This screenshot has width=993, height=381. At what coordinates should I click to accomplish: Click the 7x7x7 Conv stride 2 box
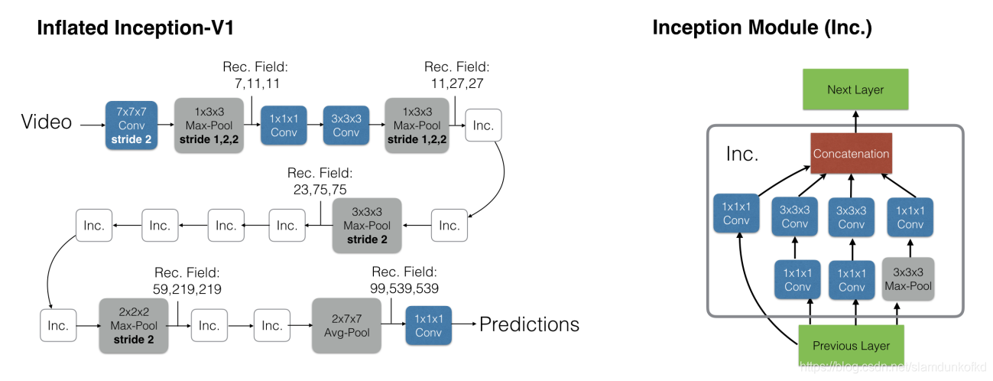click(131, 125)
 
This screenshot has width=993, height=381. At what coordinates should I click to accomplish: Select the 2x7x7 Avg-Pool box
click(346, 326)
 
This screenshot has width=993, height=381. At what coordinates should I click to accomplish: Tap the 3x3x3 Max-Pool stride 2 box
click(367, 226)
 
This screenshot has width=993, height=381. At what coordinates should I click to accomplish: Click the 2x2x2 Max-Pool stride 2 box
click(134, 326)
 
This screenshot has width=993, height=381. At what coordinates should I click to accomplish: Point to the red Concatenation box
click(851, 153)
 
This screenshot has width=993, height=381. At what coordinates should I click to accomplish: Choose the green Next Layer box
click(855, 90)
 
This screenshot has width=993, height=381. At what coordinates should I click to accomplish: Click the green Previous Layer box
click(851, 346)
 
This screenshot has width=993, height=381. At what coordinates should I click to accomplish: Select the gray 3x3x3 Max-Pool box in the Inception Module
click(908, 279)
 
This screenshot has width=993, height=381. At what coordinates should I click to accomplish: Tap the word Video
click(47, 122)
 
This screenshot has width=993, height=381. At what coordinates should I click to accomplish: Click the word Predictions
click(529, 324)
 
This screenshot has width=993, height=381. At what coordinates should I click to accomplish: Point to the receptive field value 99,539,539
click(404, 288)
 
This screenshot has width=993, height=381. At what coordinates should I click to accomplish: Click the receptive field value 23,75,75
click(320, 190)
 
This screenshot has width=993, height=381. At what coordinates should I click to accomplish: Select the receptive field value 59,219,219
click(187, 289)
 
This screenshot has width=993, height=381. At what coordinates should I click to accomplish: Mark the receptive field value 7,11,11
click(257, 83)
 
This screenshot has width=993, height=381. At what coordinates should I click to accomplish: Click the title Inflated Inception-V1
click(135, 28)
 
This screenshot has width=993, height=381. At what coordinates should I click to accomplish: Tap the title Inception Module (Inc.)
click(762, 28)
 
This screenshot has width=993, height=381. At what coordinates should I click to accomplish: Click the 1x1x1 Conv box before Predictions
click(429, 326)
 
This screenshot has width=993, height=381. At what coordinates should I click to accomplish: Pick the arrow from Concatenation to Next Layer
click(855, 122)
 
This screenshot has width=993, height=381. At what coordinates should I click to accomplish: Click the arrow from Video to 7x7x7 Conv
click(92, 125)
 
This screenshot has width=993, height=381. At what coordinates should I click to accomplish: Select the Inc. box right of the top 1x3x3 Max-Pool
click(483, 125)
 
